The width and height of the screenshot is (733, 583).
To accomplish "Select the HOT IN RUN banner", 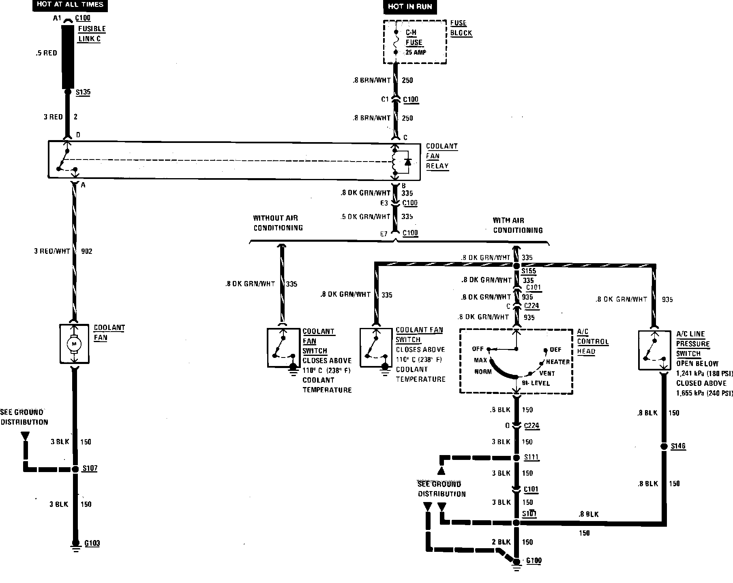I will point(409,6).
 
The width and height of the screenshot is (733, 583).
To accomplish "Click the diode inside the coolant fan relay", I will point(407,162).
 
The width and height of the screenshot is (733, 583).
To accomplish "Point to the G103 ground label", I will point(92,543).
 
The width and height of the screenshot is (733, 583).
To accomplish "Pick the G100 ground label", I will point(534,561).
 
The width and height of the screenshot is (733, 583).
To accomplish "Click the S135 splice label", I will point(83,92).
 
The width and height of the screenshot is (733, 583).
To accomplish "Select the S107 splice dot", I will point(75,469).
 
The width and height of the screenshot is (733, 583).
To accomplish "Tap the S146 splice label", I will point(678,446).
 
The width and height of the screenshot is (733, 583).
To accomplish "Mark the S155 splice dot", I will point(516,266).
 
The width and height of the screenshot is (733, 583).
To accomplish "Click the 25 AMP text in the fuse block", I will point(416,53).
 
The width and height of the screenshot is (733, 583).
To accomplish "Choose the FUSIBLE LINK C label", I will point(92,34).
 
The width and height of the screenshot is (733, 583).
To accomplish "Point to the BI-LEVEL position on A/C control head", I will point(536,383).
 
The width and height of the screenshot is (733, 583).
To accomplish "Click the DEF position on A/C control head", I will point(555,350).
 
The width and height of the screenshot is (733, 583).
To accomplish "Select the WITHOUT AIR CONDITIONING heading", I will point(278,223).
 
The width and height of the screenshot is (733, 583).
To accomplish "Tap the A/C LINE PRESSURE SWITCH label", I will point(693,344).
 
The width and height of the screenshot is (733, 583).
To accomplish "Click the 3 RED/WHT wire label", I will point(52,251).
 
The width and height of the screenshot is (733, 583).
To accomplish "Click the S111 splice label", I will point(531,457).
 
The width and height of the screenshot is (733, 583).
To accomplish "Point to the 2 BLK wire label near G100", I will point(501,542).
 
